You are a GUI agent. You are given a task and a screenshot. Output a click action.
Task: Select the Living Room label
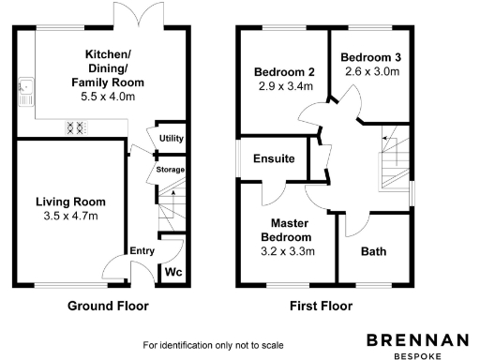tap(70, 202)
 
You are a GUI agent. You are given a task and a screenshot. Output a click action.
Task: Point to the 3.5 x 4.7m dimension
tap(70, 217)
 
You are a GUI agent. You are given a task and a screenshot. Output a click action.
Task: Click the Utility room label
tap(172, 139)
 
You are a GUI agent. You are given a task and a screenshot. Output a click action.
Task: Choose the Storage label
tap(170, 170)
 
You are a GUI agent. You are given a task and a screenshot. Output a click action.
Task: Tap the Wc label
tap(173, 273)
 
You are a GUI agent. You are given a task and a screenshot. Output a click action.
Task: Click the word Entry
tap(142, 250)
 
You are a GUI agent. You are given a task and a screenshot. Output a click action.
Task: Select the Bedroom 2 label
tap(284, 72)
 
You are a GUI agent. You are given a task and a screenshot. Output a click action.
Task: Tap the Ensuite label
tap(274, 159)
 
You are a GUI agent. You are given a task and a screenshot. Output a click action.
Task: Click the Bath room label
tap(373, 251)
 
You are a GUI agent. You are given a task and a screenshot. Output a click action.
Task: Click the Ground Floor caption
tap(108, 306)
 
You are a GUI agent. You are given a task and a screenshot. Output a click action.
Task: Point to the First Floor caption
tap(321, 306)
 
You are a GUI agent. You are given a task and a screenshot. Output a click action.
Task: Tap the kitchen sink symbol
tap(26, 92)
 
